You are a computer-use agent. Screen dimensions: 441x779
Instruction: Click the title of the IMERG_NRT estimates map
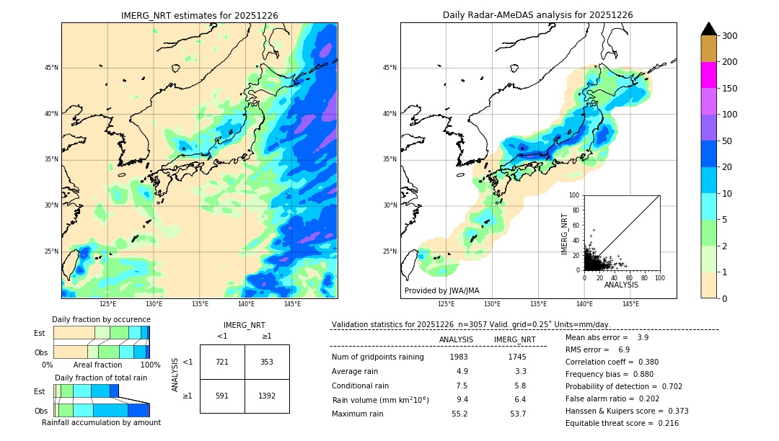pos(199,15)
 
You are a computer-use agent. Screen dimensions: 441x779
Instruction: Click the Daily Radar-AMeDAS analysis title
pos(537,15)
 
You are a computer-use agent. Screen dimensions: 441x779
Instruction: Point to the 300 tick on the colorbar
pos(729,36)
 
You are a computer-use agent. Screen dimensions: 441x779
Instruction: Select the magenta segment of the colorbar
pos(709,75)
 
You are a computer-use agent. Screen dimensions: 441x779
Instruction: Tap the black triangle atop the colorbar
pos(709,29)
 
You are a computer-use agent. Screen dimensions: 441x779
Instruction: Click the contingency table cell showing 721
pos(222,362)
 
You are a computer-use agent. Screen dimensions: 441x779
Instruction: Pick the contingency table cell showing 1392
pos(267,396)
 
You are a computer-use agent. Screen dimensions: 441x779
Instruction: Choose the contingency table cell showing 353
pos(267,362)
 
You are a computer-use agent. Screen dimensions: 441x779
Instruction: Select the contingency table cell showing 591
pos(222,396)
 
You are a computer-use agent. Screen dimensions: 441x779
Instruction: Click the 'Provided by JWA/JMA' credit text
pos(441,291)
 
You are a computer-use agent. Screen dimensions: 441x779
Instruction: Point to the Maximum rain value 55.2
pos(459,414)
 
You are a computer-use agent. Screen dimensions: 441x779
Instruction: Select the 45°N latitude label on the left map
pos(50,68)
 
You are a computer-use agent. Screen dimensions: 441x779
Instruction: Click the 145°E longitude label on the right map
pos(630,305)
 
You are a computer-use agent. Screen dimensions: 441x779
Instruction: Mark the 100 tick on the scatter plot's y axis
pos(575,195)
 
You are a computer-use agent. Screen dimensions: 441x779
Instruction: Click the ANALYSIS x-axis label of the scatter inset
pos(621,285)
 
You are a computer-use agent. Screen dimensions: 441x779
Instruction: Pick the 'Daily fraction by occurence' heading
pos(101,320)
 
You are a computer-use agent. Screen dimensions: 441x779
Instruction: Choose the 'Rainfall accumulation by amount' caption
pos(101,423)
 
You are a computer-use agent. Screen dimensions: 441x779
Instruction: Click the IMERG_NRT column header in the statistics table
pos(514,339)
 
